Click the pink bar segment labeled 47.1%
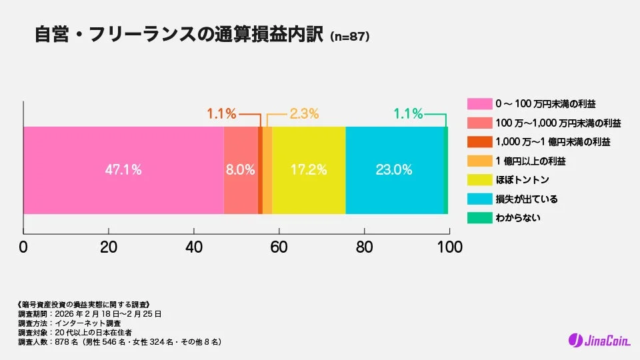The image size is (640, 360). tap(123, 170)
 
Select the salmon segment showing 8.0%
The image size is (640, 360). tap(241, 170)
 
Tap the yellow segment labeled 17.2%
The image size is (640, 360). tap(309, 170)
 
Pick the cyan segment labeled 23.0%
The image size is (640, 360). tap(394, 170)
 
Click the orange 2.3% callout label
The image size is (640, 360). tap(304, 114)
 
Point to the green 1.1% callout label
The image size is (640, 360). tap(408, 114)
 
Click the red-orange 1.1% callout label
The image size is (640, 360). tap(221, 114)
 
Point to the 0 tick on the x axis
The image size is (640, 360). tap(23, 247)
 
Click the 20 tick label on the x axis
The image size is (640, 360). tap(109, 247)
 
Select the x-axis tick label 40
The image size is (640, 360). tap(194, 247)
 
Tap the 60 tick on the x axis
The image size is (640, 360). tap(279, 247)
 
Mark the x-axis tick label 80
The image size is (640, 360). tap(364, 247)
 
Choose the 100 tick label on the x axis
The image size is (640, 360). tap(449, 247)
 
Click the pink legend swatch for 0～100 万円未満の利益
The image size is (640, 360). tap(478, 104)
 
